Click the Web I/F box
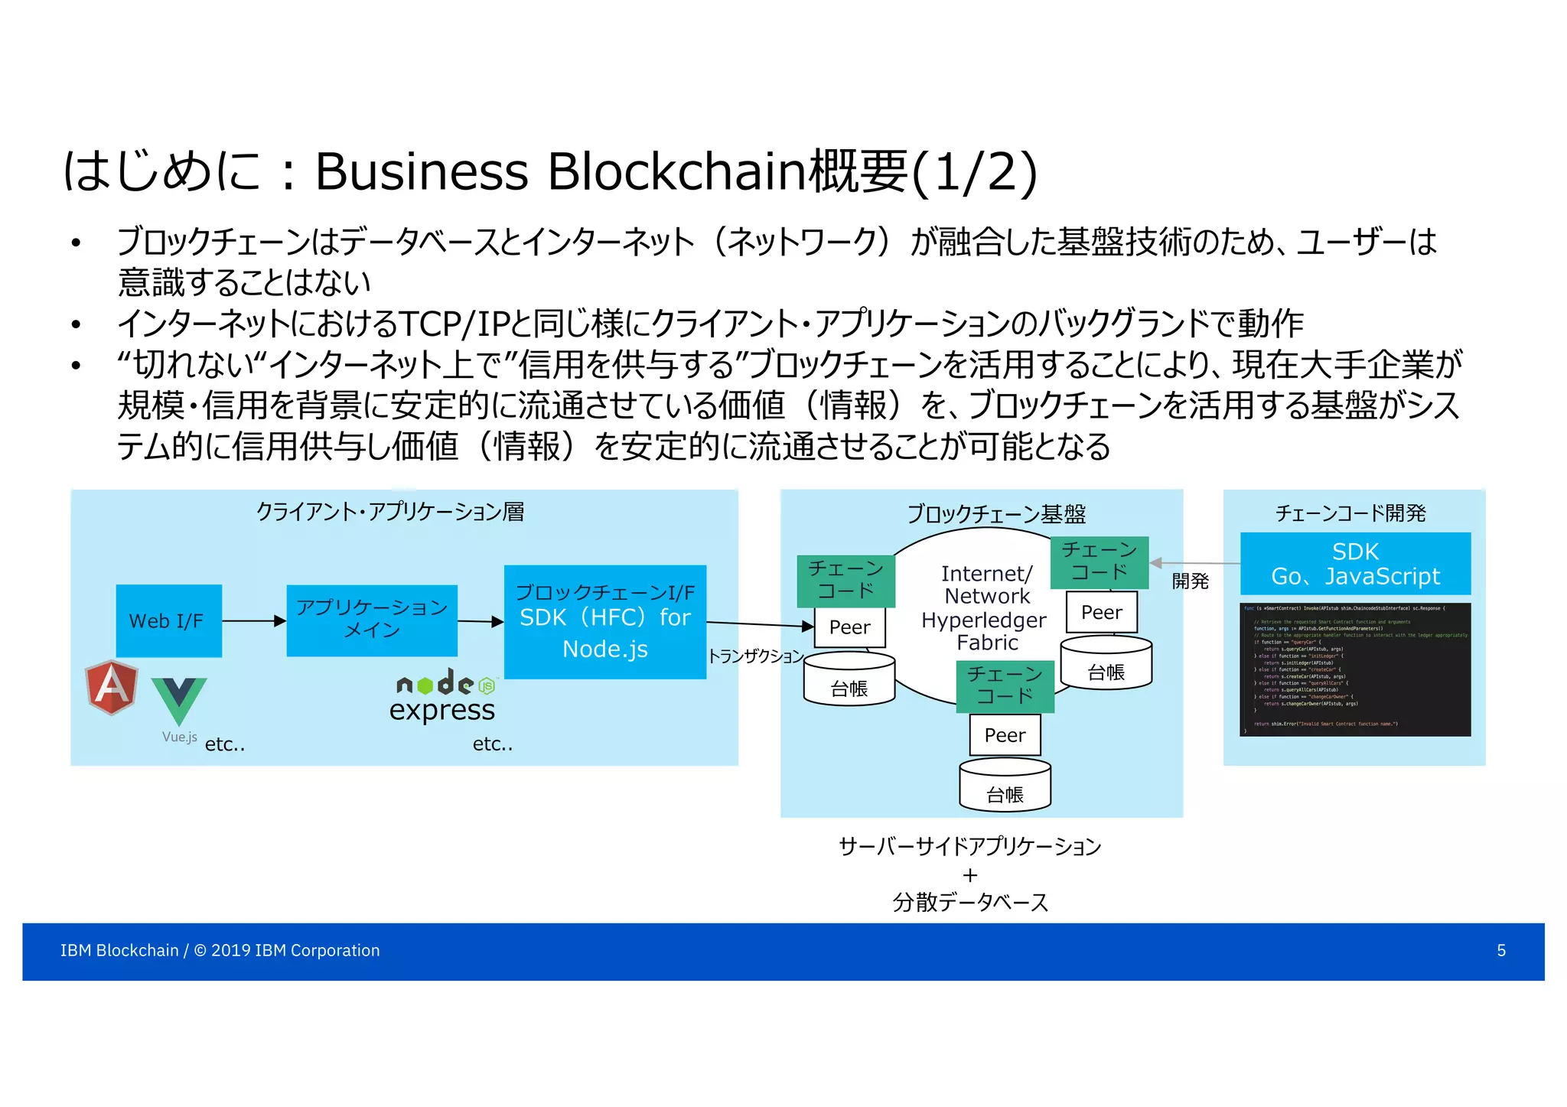168,620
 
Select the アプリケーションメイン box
372,620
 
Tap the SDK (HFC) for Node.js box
604,622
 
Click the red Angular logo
112,686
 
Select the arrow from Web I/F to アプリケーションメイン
253,621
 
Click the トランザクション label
755,656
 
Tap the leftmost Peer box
849,627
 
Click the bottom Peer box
1005,735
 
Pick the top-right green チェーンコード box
1100,562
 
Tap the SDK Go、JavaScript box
1355,564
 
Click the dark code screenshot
1354,669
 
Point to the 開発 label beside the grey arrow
1190,581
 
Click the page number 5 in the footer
1501,951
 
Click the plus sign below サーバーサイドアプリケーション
970,874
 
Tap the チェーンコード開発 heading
1350,513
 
